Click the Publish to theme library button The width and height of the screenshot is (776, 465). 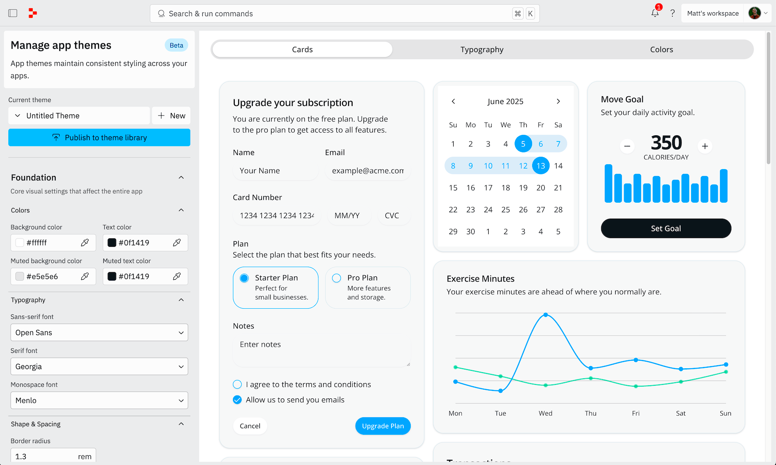tap(99, 137)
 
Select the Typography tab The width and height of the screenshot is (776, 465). tap(482, 49)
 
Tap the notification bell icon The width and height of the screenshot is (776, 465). tap(655, 13)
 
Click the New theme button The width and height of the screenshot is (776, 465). tap(171, 116)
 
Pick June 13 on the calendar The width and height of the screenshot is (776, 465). tap(541, 166)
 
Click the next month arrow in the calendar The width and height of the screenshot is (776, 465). tap(558, 102)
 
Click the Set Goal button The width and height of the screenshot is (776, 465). tap(666, 229)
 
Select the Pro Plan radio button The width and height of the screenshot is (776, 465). tap(337, 278)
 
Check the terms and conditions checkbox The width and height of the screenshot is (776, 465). tap(237, 384)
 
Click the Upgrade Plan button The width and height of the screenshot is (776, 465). tap(383, 426)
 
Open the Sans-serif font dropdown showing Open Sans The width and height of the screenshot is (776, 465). tap(99, 333)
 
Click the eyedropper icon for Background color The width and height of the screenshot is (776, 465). tap(85, 243)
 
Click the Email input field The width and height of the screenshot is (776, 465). tap(367, 171)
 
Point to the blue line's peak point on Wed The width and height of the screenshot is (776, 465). tap(546, 315)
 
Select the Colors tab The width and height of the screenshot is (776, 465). tap(661, 49)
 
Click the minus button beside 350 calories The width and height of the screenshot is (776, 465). tap(627, 146)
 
